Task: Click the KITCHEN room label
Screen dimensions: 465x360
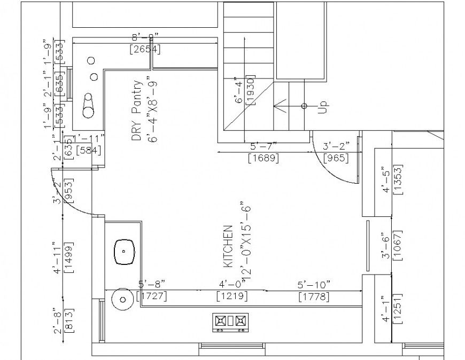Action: point(227,246)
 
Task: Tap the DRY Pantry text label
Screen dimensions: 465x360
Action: point(137,111)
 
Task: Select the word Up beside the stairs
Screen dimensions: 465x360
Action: point(322,106)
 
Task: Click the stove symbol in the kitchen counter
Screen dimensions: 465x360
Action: point(231,321)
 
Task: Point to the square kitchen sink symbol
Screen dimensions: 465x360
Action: point(123,251)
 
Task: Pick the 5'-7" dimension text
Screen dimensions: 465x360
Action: point(263,146)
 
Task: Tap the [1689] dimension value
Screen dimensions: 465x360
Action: point(263,158)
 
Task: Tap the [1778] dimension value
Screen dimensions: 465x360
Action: point(314,296)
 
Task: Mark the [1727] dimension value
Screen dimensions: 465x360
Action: point(152,295)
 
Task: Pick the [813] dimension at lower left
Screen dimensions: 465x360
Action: point(68,320)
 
